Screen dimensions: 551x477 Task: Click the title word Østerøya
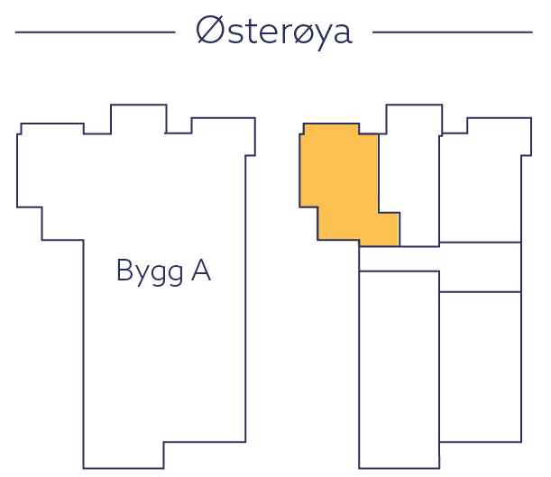pos(273,31)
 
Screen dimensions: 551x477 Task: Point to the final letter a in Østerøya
pos(340,34)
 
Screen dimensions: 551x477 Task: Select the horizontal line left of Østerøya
pos(95,32)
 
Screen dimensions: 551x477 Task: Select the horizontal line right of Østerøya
pos(452,32)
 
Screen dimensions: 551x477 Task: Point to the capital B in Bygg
pos(124,270)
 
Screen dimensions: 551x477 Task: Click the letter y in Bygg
pos(140,274)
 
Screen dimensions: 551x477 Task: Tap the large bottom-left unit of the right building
pos(399,370)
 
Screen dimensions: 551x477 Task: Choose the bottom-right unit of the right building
pos(480,366)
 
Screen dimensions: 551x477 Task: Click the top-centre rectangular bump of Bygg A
pos(138,119)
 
